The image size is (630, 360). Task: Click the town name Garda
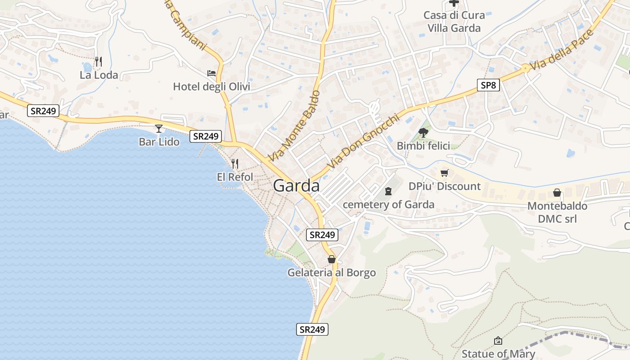296,186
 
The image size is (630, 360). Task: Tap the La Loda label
99,75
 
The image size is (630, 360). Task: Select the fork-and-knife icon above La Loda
99,61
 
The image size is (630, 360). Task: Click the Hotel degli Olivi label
211,86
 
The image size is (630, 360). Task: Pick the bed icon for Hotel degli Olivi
211,73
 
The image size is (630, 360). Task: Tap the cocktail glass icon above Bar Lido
159,129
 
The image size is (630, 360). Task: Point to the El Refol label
235,177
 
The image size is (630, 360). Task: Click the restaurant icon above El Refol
235,164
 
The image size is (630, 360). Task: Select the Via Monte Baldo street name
294,126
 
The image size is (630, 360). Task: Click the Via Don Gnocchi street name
363,141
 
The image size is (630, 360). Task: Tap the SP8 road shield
488,85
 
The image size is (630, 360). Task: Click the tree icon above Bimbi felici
423,132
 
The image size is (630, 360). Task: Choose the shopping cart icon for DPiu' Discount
445,173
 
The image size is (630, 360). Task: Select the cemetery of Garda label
389,205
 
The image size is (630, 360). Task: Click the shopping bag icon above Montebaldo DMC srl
557,193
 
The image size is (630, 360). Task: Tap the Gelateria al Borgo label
332,273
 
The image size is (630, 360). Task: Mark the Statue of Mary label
498,354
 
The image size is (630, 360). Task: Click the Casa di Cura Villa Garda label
454,22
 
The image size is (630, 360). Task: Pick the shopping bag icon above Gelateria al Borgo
332,259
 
